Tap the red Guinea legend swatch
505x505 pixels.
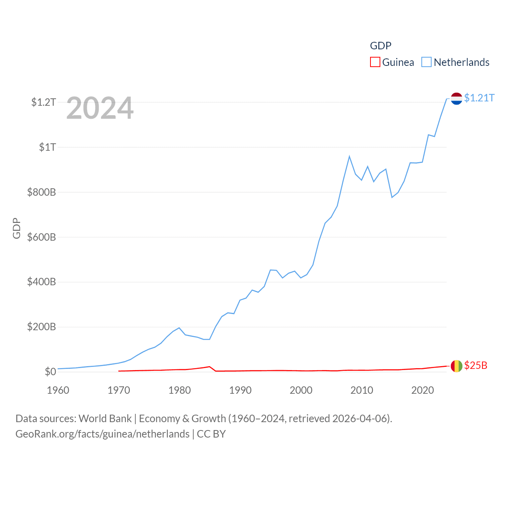point(375,62)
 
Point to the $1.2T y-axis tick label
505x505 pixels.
point(43,102)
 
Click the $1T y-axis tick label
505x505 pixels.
point(47,147)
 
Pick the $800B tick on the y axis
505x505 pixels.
point(41,192)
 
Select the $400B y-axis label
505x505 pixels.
point(41,282)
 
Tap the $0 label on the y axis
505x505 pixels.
point(50,372)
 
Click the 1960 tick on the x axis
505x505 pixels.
point(58,390)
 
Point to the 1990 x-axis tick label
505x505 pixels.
point(240,390)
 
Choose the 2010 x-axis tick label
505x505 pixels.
point(362,390)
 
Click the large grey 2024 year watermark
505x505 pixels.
point(100,108)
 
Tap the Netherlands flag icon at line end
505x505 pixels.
point(456,99)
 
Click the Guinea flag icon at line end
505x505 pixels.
point(456,366)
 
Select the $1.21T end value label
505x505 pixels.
point(479,98)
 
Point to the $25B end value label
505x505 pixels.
point(475,365)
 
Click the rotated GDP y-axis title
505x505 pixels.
point(17,228)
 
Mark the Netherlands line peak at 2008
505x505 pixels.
point(349,157)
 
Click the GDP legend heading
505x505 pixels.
point(380,46)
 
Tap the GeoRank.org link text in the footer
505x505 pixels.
point(103,434)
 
